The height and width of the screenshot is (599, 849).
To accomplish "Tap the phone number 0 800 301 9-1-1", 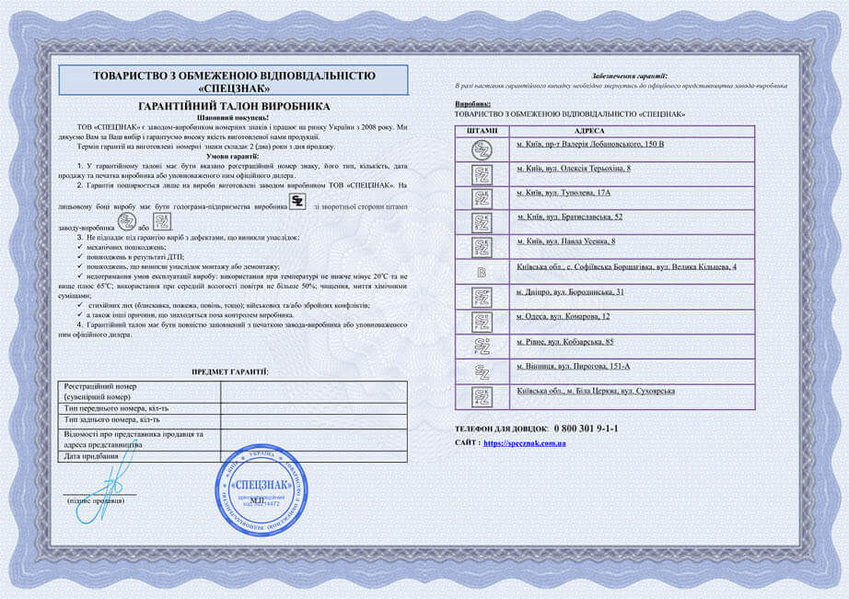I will [x=586, y=429].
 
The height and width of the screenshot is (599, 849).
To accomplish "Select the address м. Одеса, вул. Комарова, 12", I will [x=564, y=316].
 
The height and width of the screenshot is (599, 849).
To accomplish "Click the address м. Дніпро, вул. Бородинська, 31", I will [x=570, y=292].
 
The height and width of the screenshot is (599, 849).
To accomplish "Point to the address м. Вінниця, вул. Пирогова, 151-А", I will [x=573, y=367].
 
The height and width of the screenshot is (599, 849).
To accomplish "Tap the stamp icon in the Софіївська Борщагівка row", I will [x=481, y=272].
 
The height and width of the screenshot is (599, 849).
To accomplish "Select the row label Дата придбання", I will [x=91, y=456].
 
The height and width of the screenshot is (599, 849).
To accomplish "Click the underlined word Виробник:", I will [x=473, y=105].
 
